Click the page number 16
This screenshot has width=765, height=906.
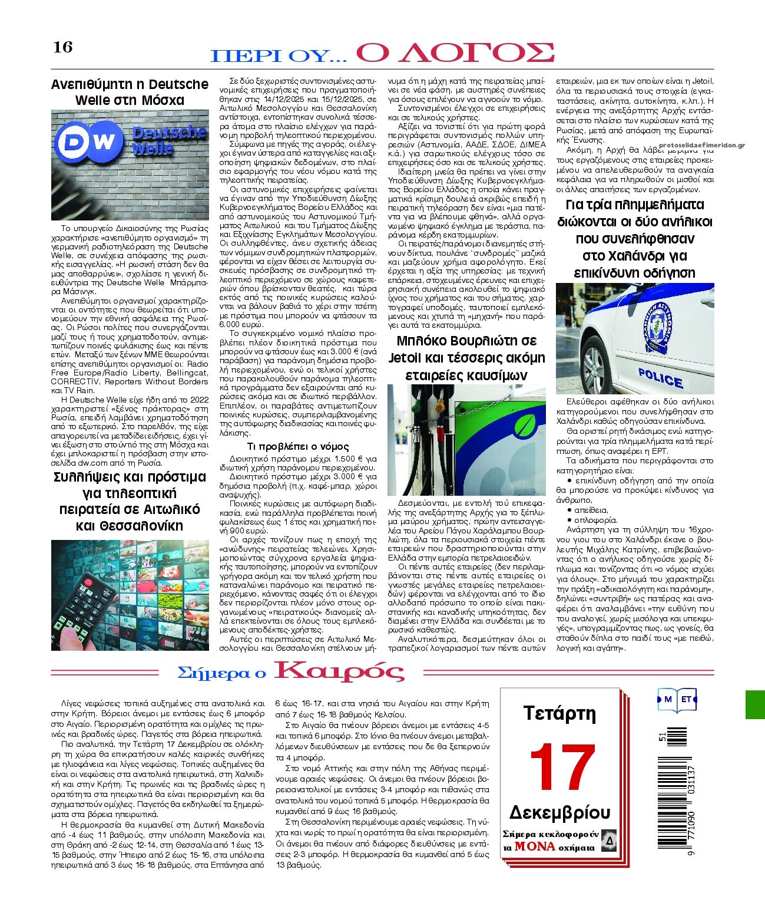(63, 47)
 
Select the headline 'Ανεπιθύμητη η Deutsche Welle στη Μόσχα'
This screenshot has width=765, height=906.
(130, 92)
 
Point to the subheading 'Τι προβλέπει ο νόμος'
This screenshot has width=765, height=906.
(297, 446)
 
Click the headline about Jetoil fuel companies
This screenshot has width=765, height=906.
(466, 358)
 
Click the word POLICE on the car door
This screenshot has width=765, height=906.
(660, 378)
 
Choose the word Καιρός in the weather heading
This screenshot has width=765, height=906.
(340, 671)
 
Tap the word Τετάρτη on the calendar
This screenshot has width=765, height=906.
(560, 714)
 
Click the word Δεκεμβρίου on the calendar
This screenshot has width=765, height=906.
(560, 812)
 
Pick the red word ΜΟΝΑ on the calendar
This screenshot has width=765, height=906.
(535, 846)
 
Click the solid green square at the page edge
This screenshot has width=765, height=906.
(755, 704)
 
